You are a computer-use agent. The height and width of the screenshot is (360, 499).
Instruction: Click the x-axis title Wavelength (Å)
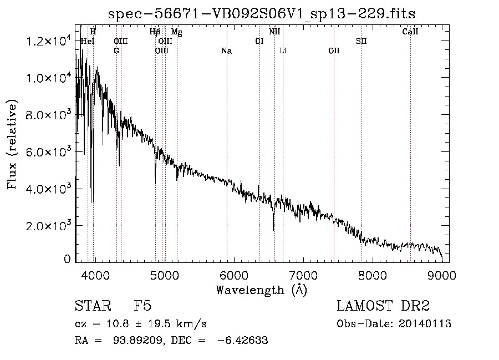pyautogui.click(x=261, y=289)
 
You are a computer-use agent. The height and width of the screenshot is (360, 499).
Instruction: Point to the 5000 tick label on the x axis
pyautogui.click(x=164, y=275)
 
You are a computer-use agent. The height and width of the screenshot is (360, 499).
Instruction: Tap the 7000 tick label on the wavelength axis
pyautogui.click(x=303, y=275)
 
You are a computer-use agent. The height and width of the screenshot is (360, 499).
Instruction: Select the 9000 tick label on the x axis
pyautogui.click(x=442, y=275)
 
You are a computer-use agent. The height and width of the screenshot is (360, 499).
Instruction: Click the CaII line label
pyautogui.click(x=410, y=32)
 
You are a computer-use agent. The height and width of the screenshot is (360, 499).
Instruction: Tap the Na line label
pyautogui.click(x=226, y=51)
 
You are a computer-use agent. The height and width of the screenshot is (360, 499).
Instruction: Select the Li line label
pyautogui.click(x=283, y=51)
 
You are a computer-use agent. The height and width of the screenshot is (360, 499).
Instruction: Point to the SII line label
pyautogui.click(x=361, y=42)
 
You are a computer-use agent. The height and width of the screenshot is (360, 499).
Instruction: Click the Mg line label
pyautogui.click(x=177, y=32)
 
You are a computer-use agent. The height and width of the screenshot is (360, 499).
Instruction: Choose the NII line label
pyautogui.click(x=274, y=32)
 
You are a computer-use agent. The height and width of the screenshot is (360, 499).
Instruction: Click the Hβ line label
pyautogui.click(x=155, y=32)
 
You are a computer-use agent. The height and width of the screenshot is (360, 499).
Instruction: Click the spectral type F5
pyautogui.click(x=142, y=307)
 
